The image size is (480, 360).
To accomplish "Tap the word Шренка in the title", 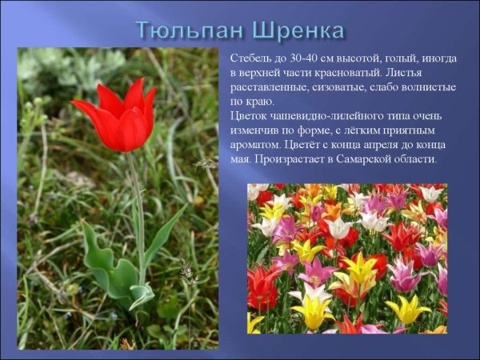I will click(298, 30).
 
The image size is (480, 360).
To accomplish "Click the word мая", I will click(239, 160).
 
